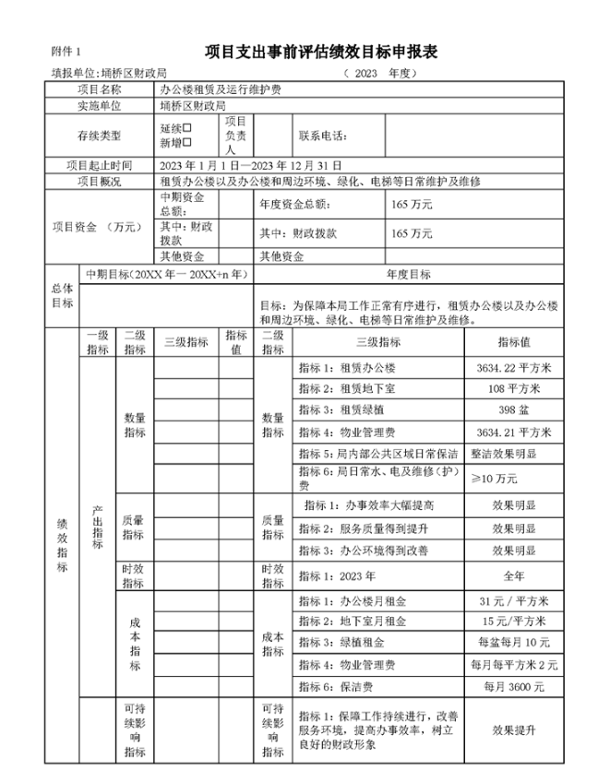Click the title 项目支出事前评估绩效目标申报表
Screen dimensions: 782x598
click(x=320, y=52)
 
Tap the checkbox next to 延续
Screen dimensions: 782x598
click(x=187, y=129)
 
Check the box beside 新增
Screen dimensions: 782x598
click(x=187, y=143)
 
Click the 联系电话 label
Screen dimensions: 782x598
click(x=323, y=136)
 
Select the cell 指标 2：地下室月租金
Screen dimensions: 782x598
click(x=352, y=621)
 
